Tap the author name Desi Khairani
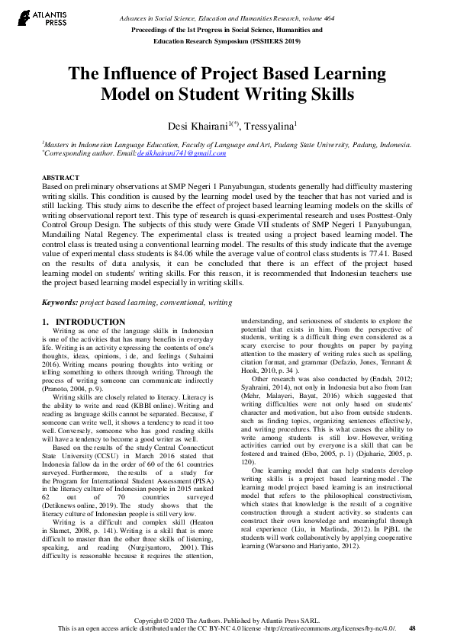(193, 124)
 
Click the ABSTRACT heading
(60, 177)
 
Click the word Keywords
(59, 302)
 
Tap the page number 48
(412, 628)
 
